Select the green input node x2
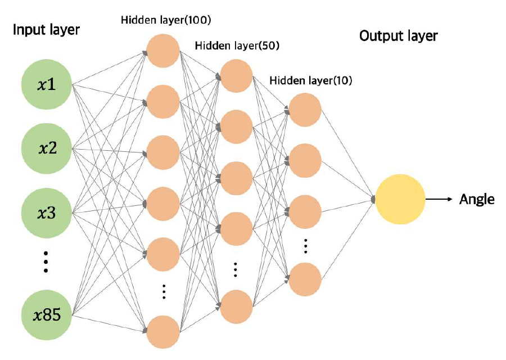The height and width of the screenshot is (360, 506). click(47, 149)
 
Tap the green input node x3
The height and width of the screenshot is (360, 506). click(47, 213)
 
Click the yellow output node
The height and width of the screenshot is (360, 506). click(400, 199)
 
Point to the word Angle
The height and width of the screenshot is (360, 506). click(477, 199)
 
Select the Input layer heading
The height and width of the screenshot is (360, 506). click(47, 30)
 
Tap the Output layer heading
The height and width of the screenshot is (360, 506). click(399, 37)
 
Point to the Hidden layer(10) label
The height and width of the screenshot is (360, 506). click(311, 81)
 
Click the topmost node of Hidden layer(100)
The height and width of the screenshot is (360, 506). click(163, 51)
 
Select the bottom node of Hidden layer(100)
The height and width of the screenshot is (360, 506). click(163, 332)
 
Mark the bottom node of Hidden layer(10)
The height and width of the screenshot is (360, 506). click(305, 279)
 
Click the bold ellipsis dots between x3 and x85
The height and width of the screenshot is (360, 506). click(47, 262)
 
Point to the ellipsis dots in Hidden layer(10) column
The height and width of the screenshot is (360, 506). click(305, 245)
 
